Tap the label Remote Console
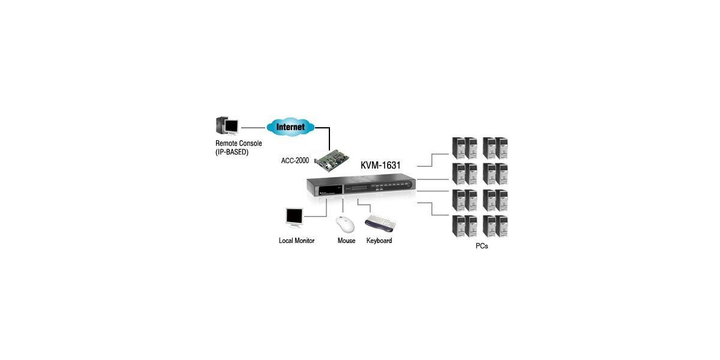(x=238, y=144)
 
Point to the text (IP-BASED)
(x=232, y=152)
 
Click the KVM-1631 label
(x=380, y=165)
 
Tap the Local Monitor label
(x=296, y=241)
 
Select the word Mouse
(x=346, y=241)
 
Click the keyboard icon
(x=380, y=224)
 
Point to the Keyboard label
(x=379, y=241)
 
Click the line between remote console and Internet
(x=253, y=127)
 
